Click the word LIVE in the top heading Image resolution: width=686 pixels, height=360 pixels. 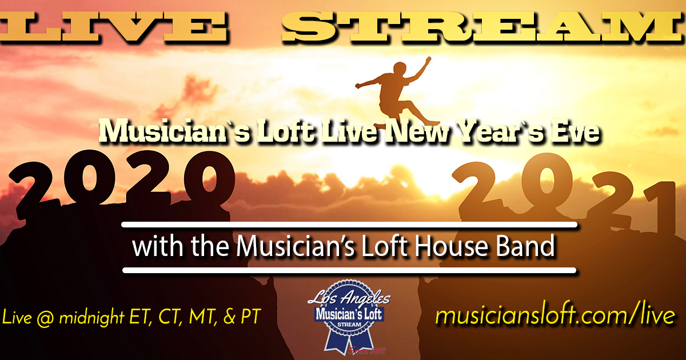[113, 27]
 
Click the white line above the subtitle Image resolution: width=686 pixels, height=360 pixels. [349, 225]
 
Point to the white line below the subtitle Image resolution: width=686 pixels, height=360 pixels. [349, 270]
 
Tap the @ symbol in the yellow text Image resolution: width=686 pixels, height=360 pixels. [45, 318]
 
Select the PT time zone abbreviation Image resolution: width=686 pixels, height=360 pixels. [250, 317]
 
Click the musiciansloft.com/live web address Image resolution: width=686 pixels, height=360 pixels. [555, 315]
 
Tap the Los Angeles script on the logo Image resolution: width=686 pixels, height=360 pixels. [349, 298]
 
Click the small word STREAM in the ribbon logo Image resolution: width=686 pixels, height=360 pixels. [349, 325]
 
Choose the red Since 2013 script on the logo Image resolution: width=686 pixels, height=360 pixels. [366, 351]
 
